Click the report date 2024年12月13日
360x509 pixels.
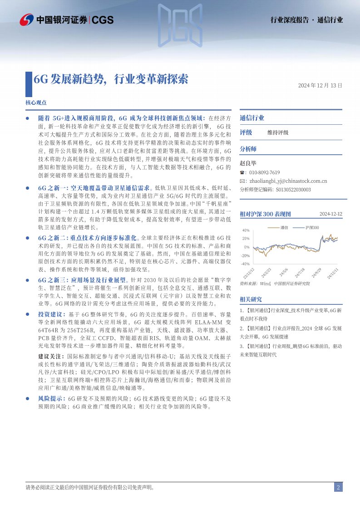(x=320, y=85)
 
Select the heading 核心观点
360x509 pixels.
(x=36, y=103)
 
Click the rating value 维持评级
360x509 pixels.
(x=278, y=132)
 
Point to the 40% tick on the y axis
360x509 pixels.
(x=246, y=230)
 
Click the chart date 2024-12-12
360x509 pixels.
(x=330, y=214)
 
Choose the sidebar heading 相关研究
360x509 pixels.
(x=251, y=299)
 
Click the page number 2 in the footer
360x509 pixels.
(x=338, y=487)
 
